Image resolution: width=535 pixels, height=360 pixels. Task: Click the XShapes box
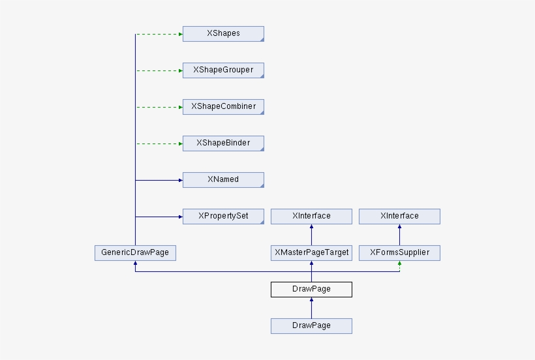(223, 34)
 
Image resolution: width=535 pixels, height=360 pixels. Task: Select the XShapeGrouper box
(223, 70)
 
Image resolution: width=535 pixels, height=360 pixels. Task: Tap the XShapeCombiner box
(223, 107)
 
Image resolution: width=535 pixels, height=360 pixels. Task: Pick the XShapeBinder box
(223, 143)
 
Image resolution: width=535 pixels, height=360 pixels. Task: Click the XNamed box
(223, 180)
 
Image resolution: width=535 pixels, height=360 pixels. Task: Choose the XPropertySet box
(223, 217)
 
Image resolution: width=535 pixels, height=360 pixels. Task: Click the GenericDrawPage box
(135, 253)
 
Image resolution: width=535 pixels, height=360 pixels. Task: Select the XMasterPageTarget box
(311, 253)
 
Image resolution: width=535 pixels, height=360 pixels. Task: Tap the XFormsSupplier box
(399, 253)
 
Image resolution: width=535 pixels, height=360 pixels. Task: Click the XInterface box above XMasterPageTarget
(311, 217)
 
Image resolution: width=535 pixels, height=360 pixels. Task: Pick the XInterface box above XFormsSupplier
(399, 217)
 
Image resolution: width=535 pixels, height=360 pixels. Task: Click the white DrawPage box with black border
(311, 290)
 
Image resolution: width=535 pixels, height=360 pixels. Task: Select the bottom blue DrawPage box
(311, 326)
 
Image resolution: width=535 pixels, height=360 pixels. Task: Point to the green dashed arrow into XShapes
(159, 34)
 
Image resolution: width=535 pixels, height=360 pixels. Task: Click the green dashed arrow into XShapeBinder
(159, 143)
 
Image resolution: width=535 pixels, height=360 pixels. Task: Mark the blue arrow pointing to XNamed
(159, 180)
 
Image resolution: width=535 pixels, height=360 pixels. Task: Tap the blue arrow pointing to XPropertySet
(159, 217)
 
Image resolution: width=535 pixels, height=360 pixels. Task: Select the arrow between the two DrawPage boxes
(311, 308)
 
